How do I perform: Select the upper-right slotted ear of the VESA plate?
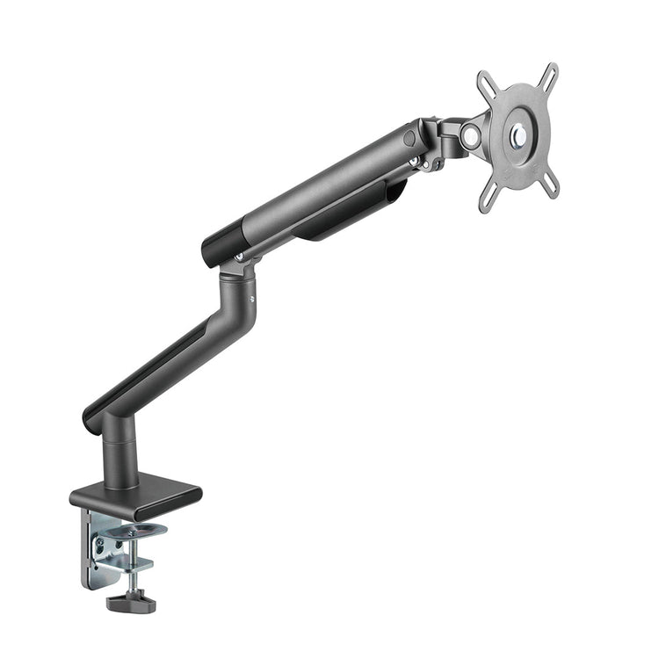[x=547, y=75]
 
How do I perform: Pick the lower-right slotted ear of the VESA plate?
[x=549, y=185]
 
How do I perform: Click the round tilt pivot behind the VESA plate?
[x=472, y=135]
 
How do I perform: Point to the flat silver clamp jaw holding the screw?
[x=132, y=562]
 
